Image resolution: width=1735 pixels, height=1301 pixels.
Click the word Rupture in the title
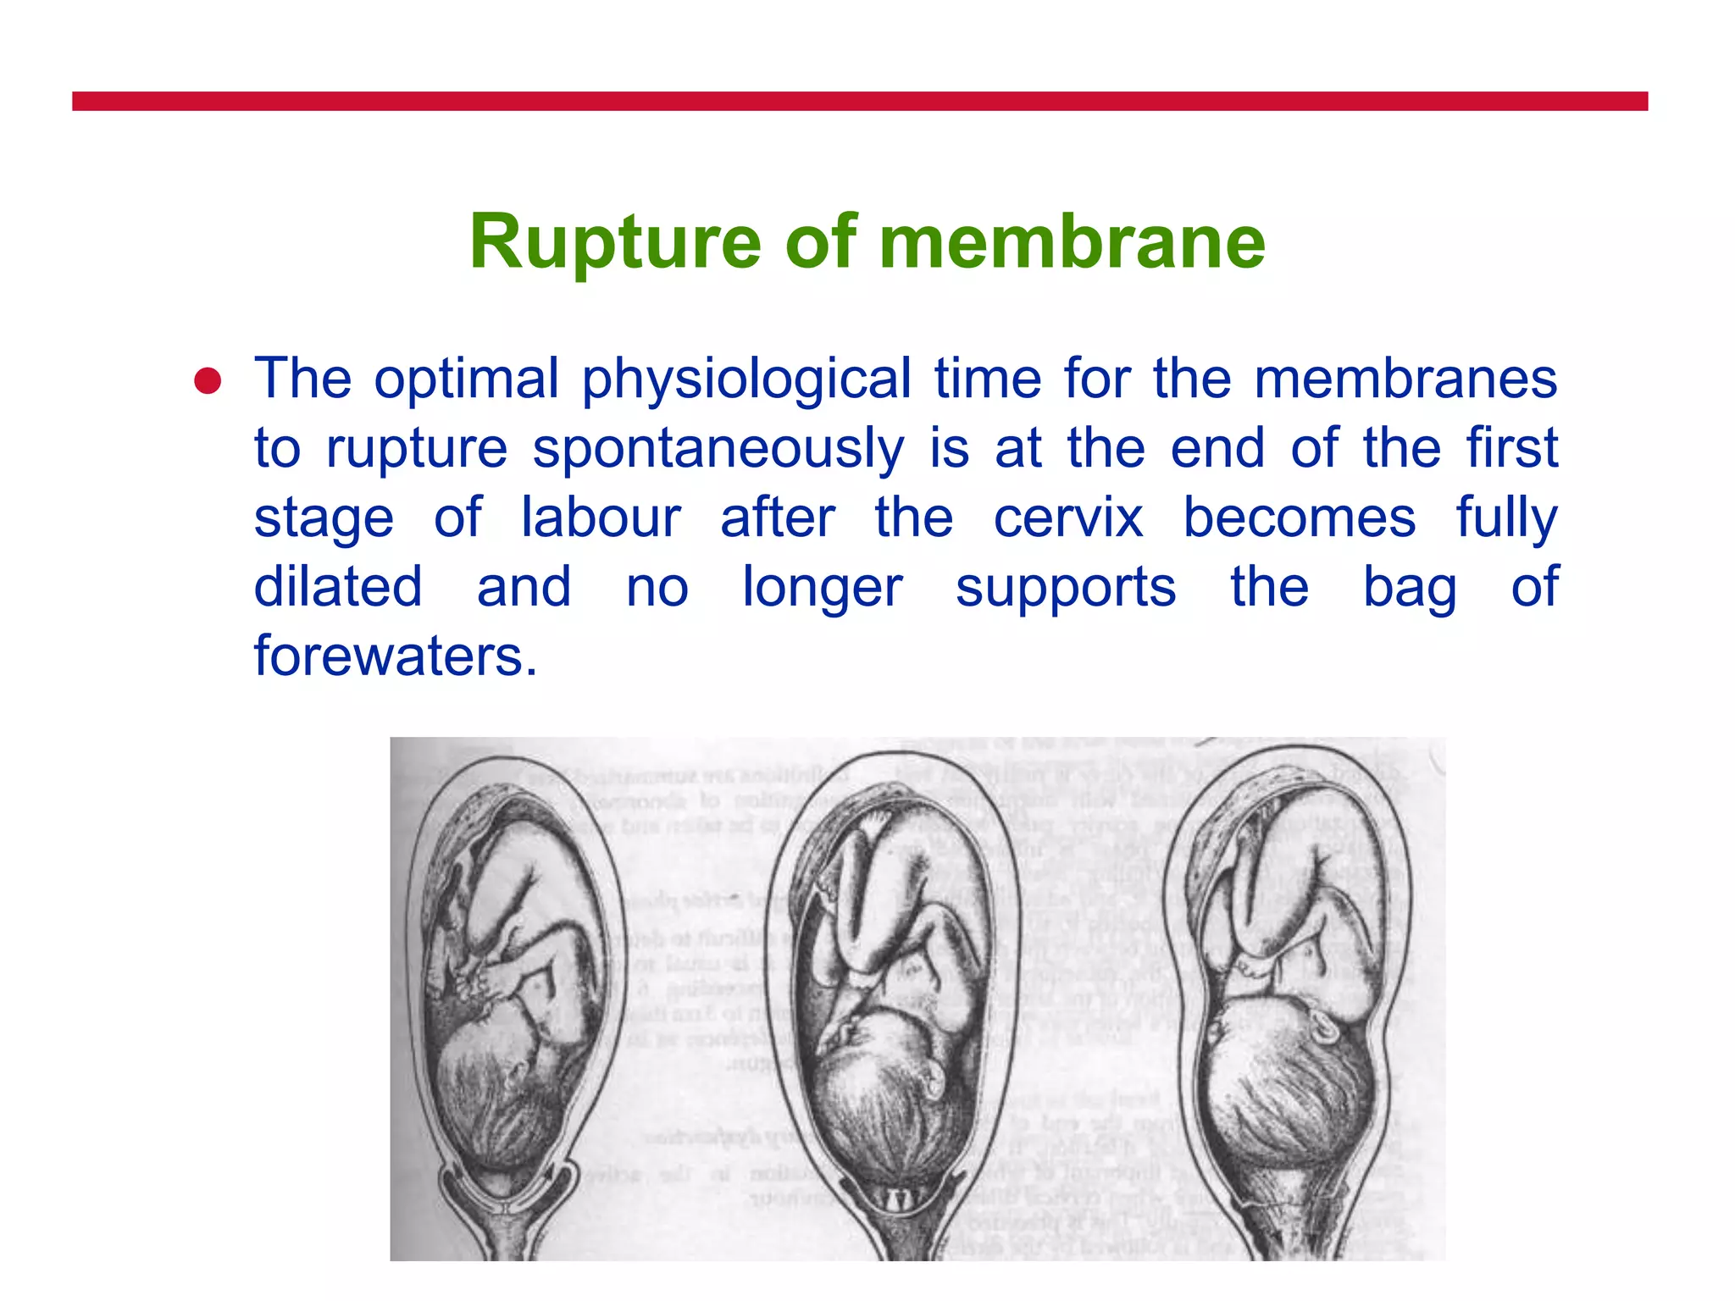(x=616, y=242)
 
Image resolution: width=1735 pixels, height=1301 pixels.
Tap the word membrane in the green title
(x=1072, y=242)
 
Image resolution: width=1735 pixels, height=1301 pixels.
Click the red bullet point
(x=208, y=381)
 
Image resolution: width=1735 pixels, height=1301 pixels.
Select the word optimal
(x=467, y=379)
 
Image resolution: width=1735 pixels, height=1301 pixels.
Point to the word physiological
(x=746, y=379)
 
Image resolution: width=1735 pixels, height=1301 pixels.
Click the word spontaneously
(x=718, y=448)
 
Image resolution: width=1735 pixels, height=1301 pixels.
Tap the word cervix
(x=1068, y=518)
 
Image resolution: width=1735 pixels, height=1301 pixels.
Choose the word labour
(x=601, y=518)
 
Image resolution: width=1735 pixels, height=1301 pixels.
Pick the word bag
(x=1410, y=588)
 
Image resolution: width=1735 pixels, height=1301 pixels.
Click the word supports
(x=1066, y=588)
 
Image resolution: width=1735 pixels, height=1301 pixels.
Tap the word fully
(x=1506, y=518)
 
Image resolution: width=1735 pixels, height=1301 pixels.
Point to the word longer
(x=823, y=588)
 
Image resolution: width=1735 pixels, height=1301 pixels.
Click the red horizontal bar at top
(x=860, y=102)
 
